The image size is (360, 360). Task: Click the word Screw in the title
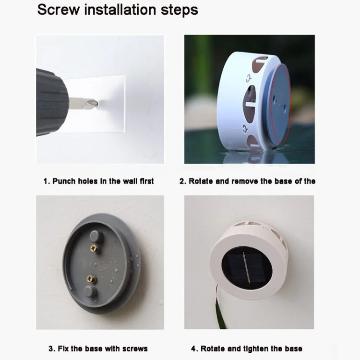point(59,10)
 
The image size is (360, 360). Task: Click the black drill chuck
point(52,102)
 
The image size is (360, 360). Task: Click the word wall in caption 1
point(130,181)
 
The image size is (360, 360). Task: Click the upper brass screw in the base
point(95,249)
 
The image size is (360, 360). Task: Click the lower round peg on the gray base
point(90,291)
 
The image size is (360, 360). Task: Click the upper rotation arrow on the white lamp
point(248,78)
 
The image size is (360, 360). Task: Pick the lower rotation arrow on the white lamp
point(245,129)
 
